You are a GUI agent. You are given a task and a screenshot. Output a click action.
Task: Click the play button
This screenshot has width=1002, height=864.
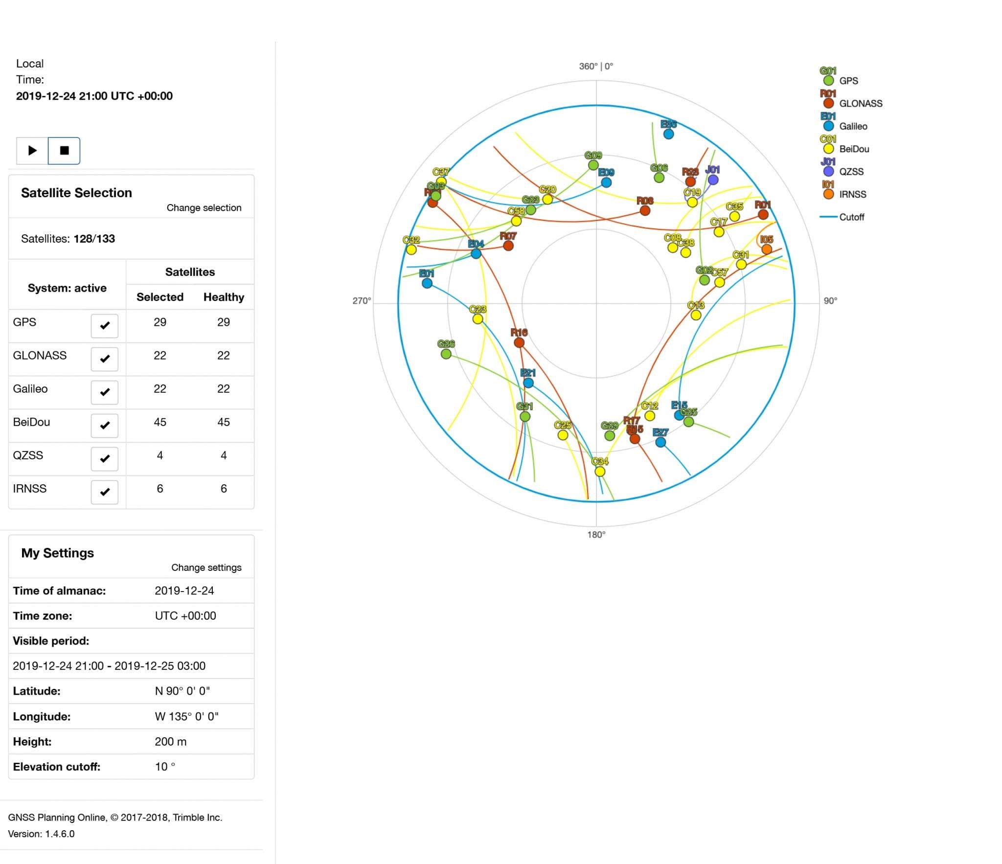point(32,150)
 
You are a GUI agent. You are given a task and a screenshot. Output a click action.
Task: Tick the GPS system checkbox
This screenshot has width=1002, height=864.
point(104,325)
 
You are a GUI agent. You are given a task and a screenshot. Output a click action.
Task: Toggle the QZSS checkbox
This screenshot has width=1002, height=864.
point(104,458)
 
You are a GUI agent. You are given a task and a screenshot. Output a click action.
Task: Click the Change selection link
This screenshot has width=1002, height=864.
point(204,207)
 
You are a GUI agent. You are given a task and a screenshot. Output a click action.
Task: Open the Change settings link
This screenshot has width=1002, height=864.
point(206,568)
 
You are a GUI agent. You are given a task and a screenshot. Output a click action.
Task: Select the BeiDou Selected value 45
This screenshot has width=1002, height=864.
point(160,422)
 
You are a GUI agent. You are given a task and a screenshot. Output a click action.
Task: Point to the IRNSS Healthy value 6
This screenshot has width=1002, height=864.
point(224,488)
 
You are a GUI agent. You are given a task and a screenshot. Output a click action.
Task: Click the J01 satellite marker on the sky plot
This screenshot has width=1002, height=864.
point(713,180)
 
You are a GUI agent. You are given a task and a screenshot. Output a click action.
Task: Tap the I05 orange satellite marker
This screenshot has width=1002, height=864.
point(767,249)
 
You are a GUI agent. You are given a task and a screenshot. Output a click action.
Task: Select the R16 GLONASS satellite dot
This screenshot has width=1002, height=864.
point(519,342)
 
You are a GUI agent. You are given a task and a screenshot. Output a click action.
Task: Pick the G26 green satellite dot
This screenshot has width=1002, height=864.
point(446,354)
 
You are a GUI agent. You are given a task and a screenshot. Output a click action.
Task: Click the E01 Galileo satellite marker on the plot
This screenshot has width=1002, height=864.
point(427,283)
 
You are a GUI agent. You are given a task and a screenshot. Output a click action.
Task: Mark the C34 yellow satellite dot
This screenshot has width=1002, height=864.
point(600,471)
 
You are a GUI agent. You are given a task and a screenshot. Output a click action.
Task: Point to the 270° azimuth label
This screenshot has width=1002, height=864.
point(362,300)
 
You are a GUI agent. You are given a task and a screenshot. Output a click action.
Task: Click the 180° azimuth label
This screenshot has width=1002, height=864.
point(596,534)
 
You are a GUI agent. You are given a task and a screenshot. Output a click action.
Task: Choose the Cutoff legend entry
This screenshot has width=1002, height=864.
point(851,217)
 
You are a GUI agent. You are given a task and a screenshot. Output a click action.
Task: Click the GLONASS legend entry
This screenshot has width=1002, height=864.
point(861,103)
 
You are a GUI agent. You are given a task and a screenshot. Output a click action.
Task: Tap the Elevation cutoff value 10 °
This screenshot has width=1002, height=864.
point(165,767)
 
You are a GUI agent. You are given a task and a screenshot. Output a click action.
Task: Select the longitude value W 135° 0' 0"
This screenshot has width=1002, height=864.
point(186,716)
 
